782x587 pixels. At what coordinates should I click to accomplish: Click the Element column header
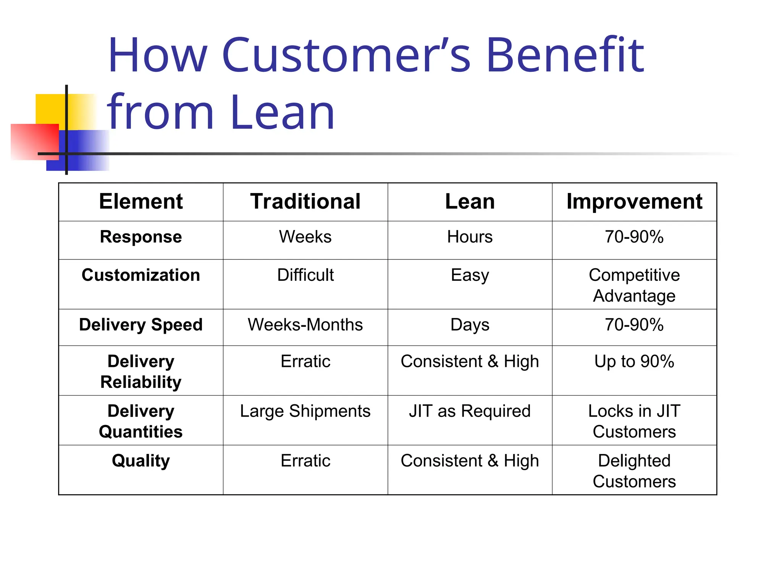141,201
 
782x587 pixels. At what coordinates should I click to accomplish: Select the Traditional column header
305,201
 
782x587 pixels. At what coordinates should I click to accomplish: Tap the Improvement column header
634,201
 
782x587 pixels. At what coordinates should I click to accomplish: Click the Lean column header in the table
470,201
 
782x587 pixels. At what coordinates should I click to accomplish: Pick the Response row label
141,237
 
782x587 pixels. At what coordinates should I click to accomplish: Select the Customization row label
141,275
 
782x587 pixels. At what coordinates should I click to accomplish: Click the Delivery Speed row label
141,325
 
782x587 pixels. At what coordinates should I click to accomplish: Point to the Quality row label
141,461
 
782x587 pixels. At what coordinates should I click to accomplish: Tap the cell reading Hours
470,237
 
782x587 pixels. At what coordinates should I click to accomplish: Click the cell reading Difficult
305,275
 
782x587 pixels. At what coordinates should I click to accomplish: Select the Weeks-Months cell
305,325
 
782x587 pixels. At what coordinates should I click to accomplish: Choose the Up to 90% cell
634,362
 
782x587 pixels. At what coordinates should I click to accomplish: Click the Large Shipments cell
305,411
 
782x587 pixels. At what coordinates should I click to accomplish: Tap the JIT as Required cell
470,411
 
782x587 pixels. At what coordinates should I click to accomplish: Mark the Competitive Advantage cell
634,285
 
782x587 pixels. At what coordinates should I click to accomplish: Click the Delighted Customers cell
634,471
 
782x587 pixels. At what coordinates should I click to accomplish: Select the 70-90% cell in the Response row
634,237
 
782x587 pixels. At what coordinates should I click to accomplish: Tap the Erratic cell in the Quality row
305,461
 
